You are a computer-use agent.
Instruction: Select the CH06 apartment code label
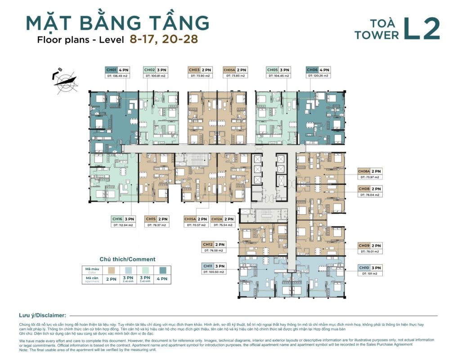(x=313, y=70)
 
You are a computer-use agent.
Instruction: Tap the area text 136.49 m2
(x=118, y=76)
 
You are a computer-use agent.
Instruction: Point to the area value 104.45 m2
(x=278, y=76)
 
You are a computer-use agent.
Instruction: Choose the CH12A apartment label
(x=217, y=219)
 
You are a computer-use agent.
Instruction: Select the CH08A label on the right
(x=364, y=171)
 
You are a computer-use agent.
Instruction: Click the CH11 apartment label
(x=208, y=266)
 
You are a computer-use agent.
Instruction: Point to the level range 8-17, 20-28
(x=163, y=39)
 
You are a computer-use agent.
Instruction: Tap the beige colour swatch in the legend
(x=110, y=270)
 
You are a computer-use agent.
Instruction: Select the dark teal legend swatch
(x=162, y=270)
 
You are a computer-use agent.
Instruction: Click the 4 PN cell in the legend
(x=162, y=279)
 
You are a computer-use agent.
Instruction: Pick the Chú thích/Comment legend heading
(x=127, y=259)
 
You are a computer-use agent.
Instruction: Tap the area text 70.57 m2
(x=196, y=225)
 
